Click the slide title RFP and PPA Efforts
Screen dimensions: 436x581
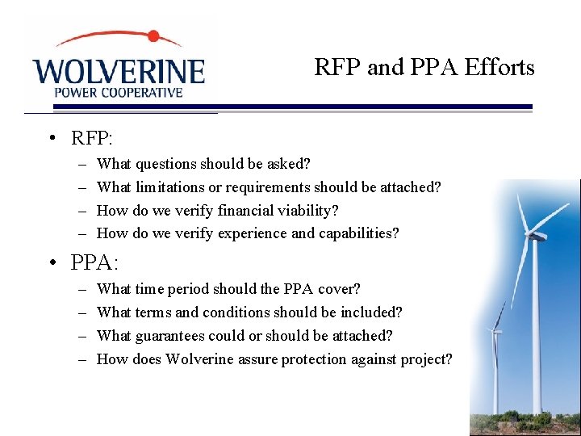click(424, 67)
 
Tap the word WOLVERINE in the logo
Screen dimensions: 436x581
click(119, 70)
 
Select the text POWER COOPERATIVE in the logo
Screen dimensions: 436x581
click(118, 92)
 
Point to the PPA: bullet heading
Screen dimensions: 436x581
click(94, 262)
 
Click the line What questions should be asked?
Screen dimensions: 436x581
click(203, 164)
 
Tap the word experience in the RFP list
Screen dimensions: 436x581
click(254, 234)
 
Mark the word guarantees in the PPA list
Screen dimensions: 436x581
click(172, 336)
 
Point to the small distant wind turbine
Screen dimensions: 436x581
click(495, 355)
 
